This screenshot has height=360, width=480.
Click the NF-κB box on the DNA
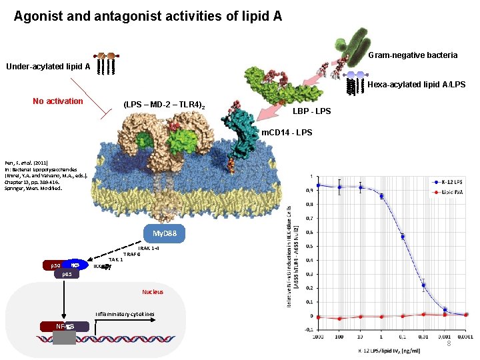coord(65,326)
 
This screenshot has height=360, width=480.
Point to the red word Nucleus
coord(152,292)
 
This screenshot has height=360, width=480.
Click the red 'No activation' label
coord(58,101)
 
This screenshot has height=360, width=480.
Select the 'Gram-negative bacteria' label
coord(413,55)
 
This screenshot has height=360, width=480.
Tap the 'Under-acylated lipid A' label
coord(48,66)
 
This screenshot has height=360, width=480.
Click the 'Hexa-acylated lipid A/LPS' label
coord(416,85)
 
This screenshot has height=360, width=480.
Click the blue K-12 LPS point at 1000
coord(319,185)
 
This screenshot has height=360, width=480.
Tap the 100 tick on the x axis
coord(339,338)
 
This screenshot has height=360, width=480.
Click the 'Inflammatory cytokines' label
coord(124,313)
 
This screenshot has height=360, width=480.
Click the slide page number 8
coord(449,343)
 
